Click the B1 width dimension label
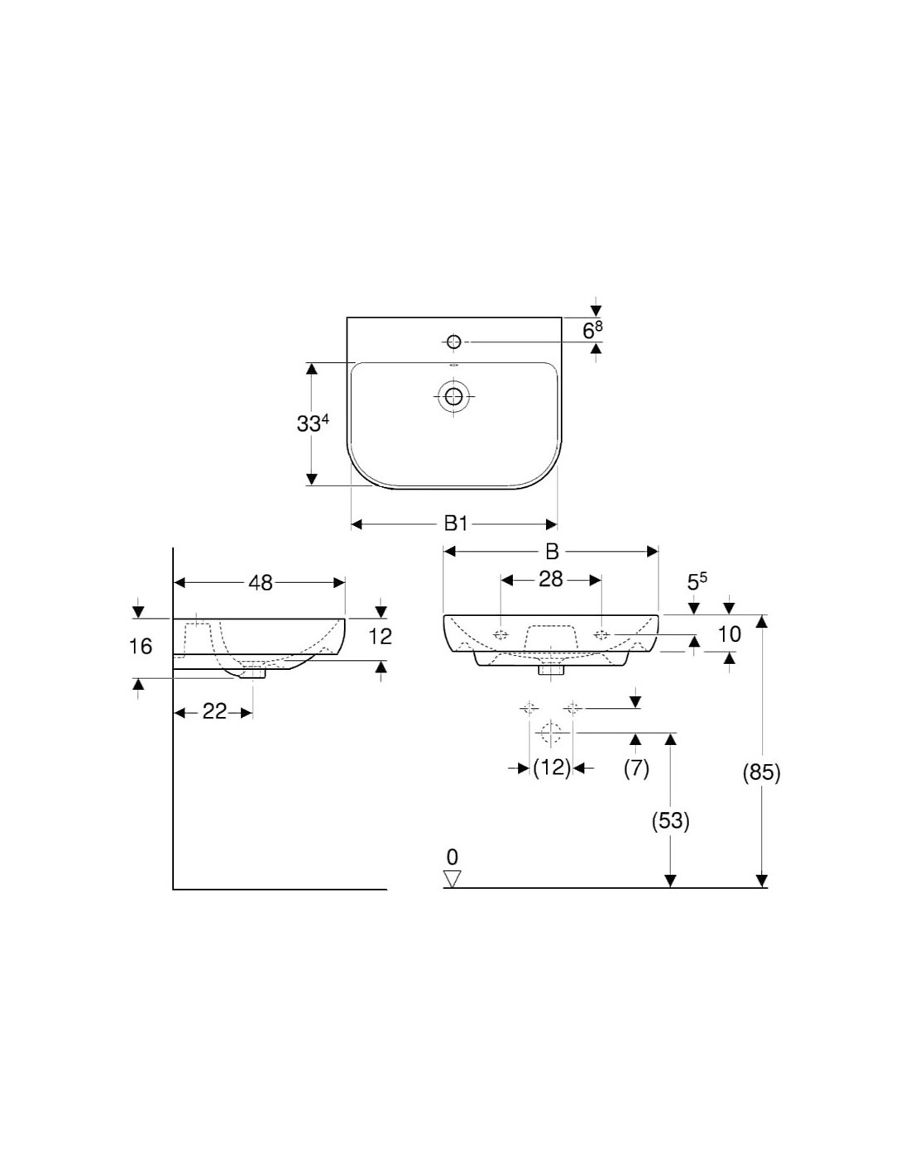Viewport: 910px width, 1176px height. click(456, 523)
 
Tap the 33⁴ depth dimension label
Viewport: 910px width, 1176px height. click(313, 423)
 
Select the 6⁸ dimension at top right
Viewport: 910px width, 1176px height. click(592, 331)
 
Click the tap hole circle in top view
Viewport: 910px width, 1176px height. click(453, 342)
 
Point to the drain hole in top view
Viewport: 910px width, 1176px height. click(453, 396)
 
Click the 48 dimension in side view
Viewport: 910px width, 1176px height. click(261, 583)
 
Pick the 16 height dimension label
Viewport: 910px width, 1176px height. click(141, 646)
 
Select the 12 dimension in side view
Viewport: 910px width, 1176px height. click(381, 636)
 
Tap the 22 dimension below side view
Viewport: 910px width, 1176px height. click(214, 711)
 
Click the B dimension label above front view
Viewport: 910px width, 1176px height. click(552, 552)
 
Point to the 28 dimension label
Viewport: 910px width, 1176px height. click(551, 580)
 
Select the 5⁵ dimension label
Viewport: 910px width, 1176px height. click(697, 582)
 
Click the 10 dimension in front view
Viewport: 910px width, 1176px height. click(730, 634)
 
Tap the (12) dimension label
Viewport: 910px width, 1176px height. click(552, 767)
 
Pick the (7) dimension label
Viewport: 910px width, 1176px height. click(635, 767)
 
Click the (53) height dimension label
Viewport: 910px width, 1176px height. click(671, 820)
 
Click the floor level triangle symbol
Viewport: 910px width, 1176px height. click(452, 879)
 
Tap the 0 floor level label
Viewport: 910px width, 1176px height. click(452, 857)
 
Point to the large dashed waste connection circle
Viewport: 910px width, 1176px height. click(550, 732)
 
